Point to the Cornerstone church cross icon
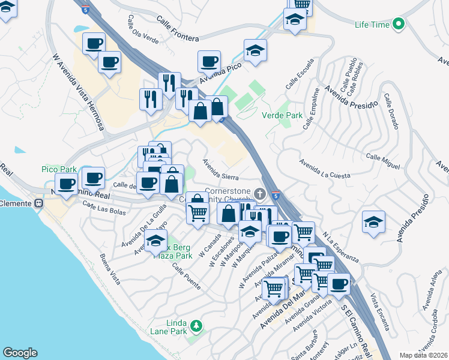pos(259,193)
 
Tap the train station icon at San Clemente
pos(38,203)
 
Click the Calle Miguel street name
pos(382,161)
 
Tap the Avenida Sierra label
pos(220,169)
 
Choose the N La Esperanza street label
pos(340,247)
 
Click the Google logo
pos(20,353)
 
